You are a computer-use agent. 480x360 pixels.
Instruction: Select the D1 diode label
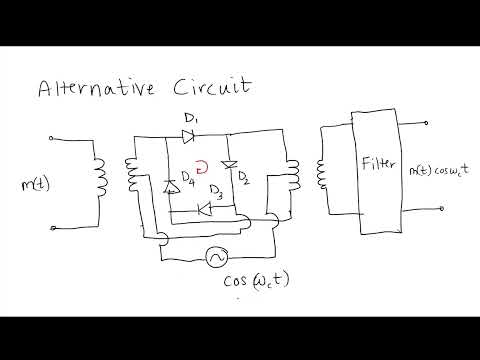coord(192,120)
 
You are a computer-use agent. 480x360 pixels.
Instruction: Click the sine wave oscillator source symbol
coord(213,258)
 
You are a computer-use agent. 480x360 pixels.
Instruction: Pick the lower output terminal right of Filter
coord(429,212)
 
